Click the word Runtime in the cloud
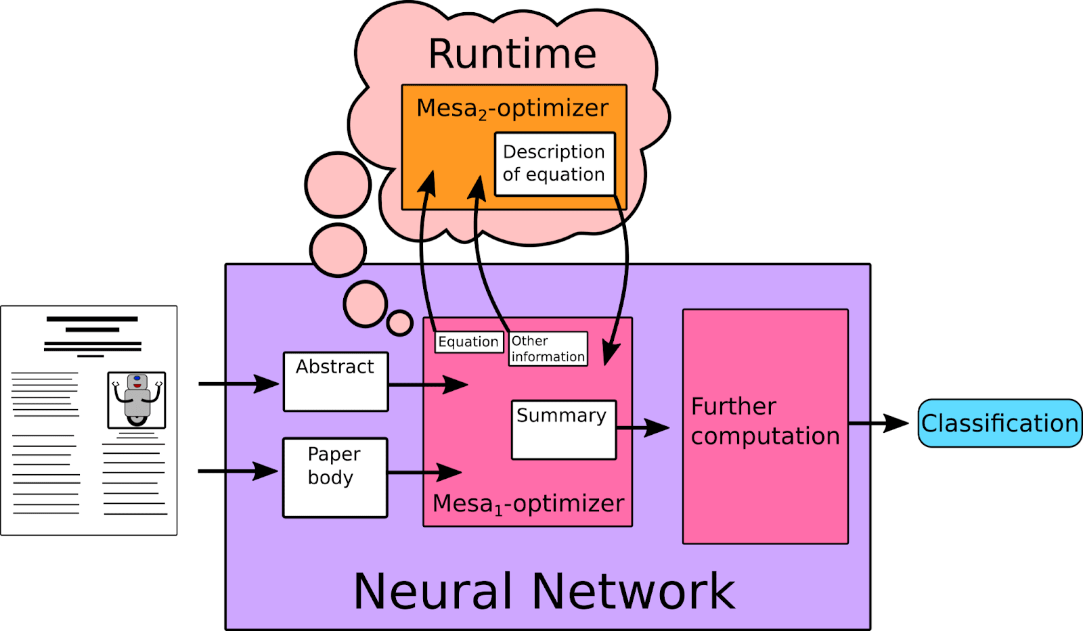point(512,54)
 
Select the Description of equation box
point(554,164)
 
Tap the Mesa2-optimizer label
point(512,108)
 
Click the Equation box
point(468,342)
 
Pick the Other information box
point(548,349)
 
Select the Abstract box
point(336,381)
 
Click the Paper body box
point(335,477)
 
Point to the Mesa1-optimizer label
point(528,504)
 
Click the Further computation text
point(765,421)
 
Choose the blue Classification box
point(999,423)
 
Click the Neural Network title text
point(544,591)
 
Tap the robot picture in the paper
point(137,399)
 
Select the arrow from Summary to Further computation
point(643,427)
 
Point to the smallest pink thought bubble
point(400,323)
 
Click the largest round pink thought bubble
point(338,185)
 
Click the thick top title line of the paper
point(92,319)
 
